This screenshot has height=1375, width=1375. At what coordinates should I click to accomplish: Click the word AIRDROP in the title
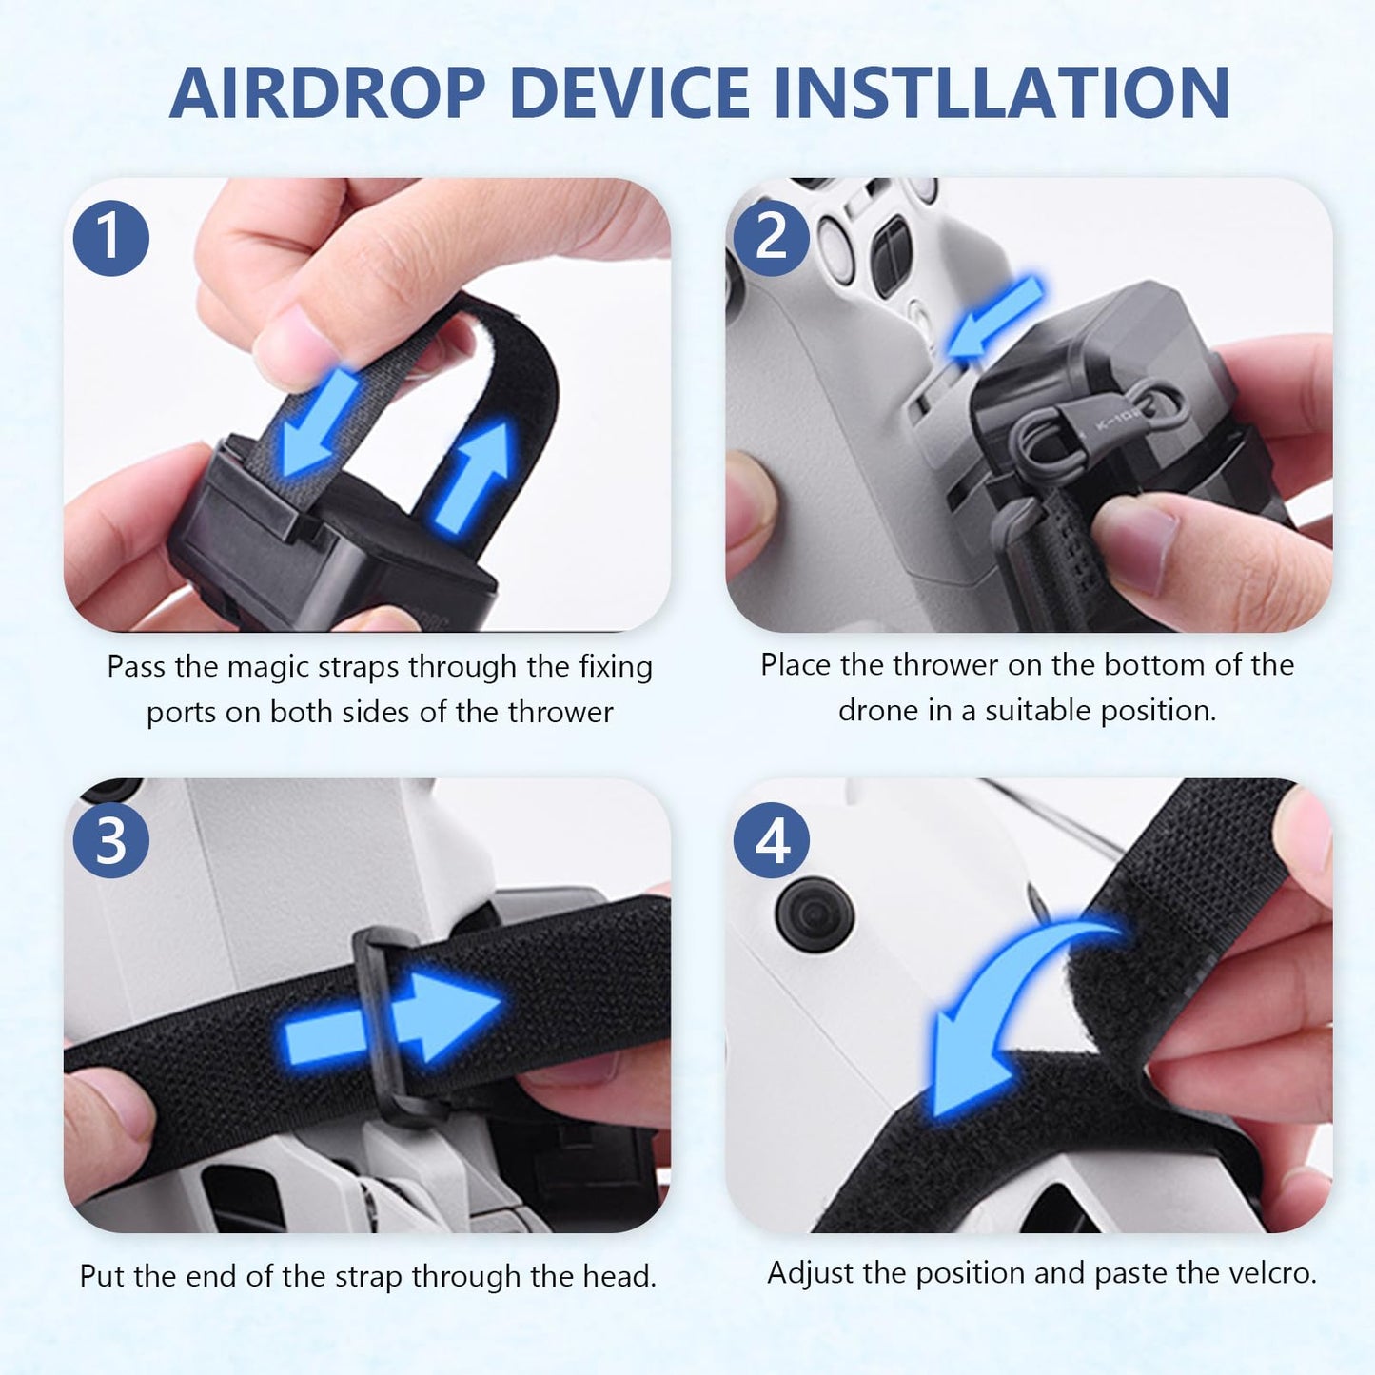point(327,93)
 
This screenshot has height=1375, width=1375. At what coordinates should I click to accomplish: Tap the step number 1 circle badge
point(111,237)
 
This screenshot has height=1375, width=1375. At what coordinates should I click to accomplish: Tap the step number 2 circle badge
point(772,237)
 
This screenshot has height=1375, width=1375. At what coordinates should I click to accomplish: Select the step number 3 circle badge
point(111,840)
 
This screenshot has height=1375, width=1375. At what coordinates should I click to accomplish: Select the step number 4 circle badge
point(772,840)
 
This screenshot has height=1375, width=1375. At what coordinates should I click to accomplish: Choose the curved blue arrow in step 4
point(1009,1009)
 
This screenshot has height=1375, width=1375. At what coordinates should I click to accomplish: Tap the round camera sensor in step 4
point(815,914)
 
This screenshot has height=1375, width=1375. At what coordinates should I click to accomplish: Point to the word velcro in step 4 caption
point(1265,1272)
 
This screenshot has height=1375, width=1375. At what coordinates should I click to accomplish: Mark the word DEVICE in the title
point(632,93)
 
